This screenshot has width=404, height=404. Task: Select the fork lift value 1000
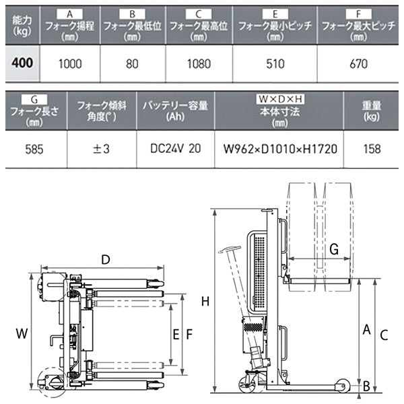click(70, 65)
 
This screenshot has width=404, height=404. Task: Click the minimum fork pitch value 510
click(273, 65)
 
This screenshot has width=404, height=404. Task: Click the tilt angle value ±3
click(100, 148)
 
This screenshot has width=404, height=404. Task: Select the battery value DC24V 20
click(174, 148)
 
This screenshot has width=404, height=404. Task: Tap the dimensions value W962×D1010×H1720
click(277, 148)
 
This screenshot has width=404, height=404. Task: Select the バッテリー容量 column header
click(174, 106)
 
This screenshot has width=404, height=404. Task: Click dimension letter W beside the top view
click(22, 333)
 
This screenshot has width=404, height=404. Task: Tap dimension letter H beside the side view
click(205, 301)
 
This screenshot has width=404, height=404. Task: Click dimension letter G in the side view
click(334, 248)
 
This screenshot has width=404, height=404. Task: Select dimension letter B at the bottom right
click(367, 386)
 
